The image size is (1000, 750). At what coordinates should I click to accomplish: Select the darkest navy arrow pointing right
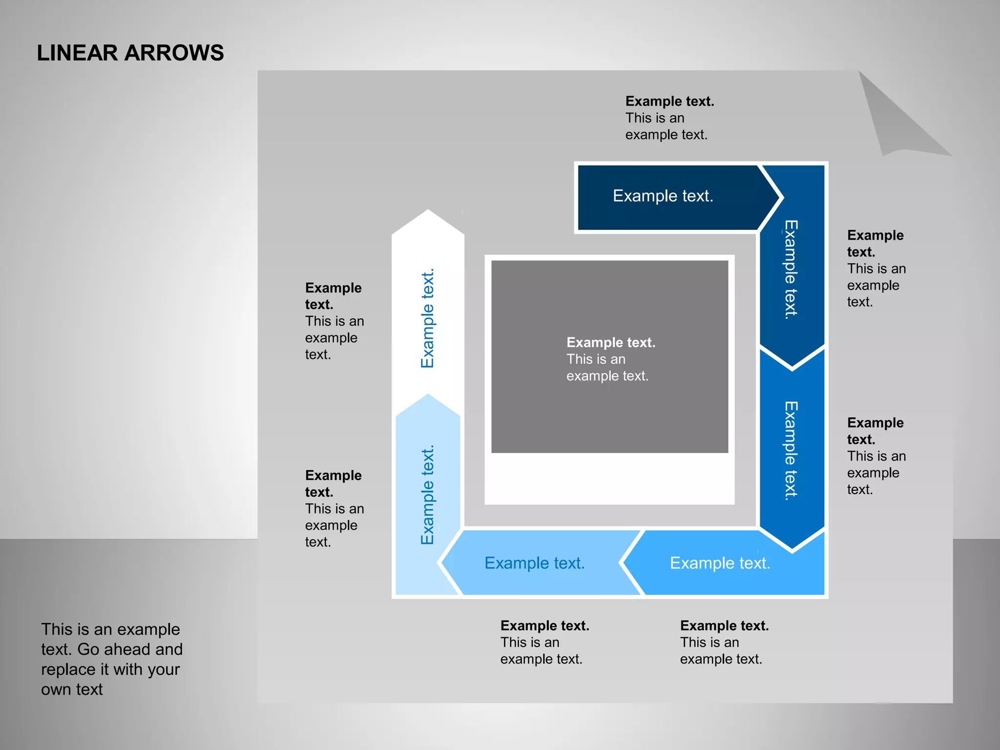pos(669,197)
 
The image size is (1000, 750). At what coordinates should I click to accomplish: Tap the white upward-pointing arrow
pos(428,303)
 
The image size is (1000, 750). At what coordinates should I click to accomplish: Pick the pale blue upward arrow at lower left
pos(428,493)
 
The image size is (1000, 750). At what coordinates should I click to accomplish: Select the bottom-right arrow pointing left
pos(723,563)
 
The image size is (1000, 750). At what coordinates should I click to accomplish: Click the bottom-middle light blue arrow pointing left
pos(535,563)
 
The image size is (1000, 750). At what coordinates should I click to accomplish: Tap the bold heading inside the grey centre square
pos(611,342)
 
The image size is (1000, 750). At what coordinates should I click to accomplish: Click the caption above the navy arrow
pos(669,118)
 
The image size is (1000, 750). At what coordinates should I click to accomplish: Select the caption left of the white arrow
pos(334,321)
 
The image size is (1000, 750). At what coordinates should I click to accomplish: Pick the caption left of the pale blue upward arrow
pos(334,508)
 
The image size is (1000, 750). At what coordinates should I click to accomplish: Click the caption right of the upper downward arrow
pos(876,268)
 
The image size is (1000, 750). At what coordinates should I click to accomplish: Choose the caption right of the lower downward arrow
pos(876,456)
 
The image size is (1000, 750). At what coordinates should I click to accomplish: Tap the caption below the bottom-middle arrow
pos(544,642)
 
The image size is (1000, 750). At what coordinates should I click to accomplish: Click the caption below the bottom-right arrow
pos(724,642)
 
